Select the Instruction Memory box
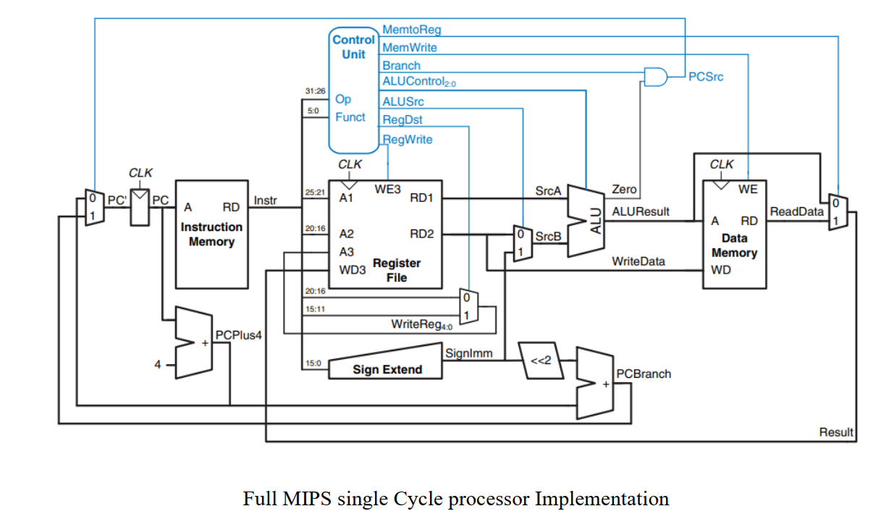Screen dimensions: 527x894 tap(211, 233)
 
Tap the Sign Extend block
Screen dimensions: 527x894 tap(387, 369)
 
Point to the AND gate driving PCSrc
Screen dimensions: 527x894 tap(655, 77)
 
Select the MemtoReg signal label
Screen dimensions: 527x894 tap(411, 30)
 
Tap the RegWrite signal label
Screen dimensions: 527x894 tap(408, 140)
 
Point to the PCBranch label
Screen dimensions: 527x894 tap(644, 374)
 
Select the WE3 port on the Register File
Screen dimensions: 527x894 tap(387, 190)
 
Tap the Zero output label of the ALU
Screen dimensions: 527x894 tap(624, 190)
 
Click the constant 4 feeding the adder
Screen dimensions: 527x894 tap(158, 365)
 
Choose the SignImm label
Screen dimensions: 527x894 tap(469, 354)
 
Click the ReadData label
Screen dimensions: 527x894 tap(797, 211)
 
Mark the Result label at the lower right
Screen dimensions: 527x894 tap(836, 433)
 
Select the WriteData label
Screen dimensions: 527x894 tap(638, 261)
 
